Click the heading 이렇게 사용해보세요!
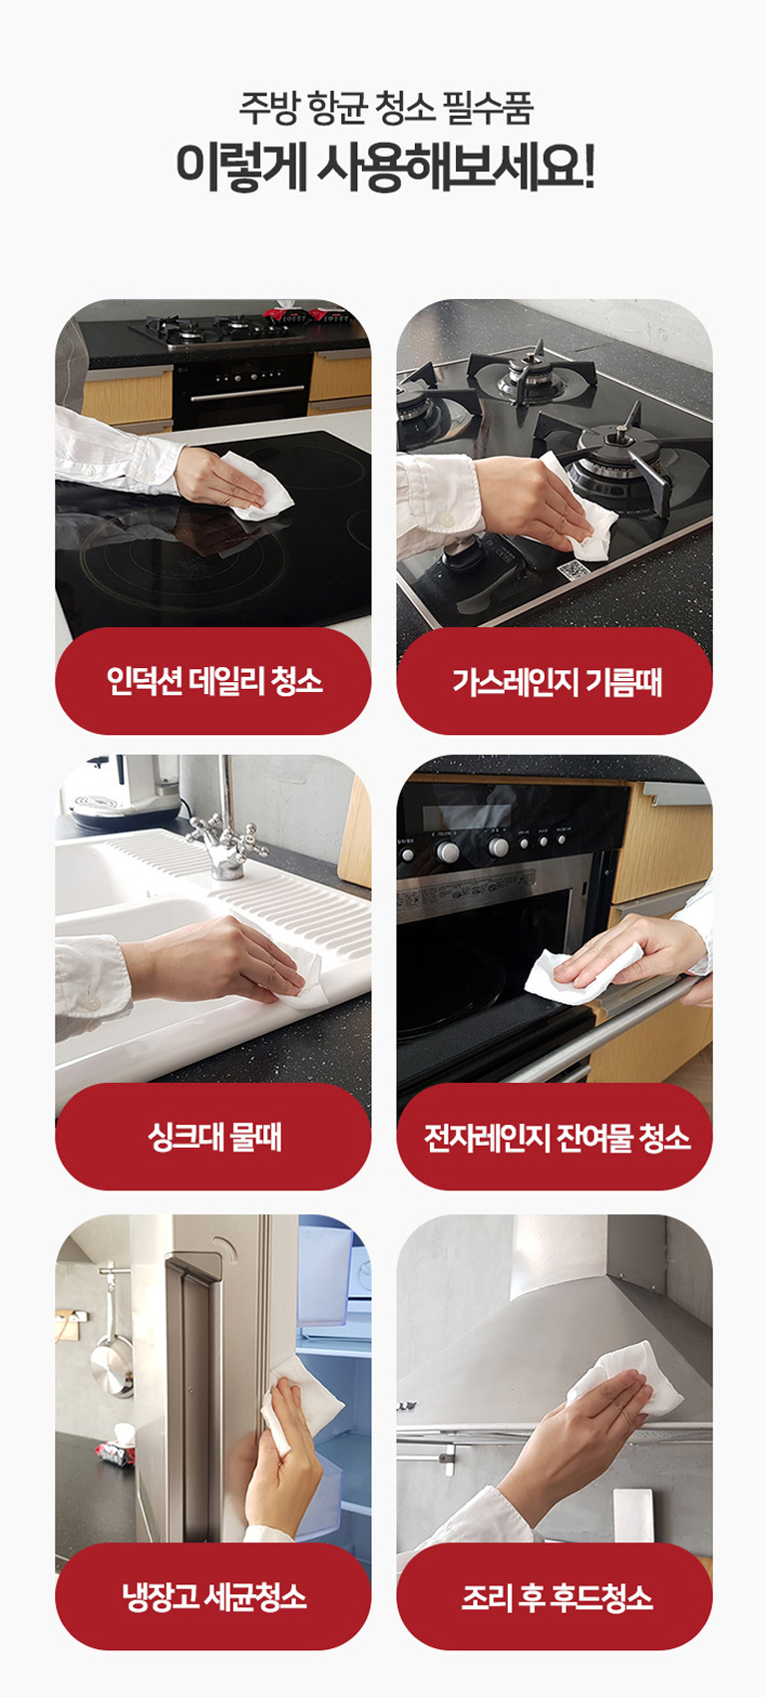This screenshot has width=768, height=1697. click(x=385, y=166)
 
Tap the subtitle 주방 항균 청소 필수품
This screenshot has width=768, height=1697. click(x=386, y=109)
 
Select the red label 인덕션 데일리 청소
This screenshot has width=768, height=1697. click(x=213, y=680)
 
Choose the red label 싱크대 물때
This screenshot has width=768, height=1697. click(x=213, y=1137)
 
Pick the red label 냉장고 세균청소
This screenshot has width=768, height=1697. click(x=213, y=1596)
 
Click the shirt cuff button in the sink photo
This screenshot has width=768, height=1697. click(x=92, y=1003)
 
